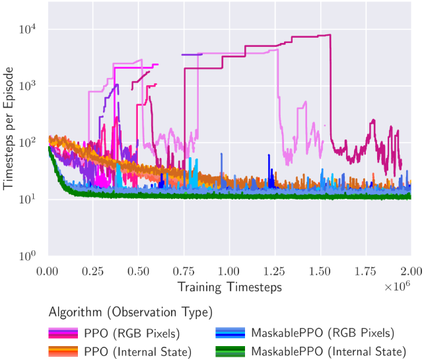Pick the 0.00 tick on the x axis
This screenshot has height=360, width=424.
pyautogui.click(x=48, y=271)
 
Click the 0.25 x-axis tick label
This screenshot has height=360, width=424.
pyautogui.click(x=93, y=271)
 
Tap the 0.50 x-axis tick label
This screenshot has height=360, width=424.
pyautogui.click(x=139, y=271)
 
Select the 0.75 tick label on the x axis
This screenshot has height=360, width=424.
pyautogui.click(x=184, y=271)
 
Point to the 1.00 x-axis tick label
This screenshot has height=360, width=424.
pyautogui.click(x=229, y=271)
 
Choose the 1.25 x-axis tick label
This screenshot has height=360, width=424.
pyautogui.click(x=275, y=271)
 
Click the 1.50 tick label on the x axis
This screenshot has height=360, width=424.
pyautogui.click(x=320, y=271)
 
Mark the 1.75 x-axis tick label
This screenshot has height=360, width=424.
pyautogui.click(x=365, y=271)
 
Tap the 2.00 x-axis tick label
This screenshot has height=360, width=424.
pyautogui.click(x=410, y=271)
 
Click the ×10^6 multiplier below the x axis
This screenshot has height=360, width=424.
pyautogui.click(x=398, y=285)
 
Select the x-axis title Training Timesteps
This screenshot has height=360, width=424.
pyautogui.click(x=229, y=287)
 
